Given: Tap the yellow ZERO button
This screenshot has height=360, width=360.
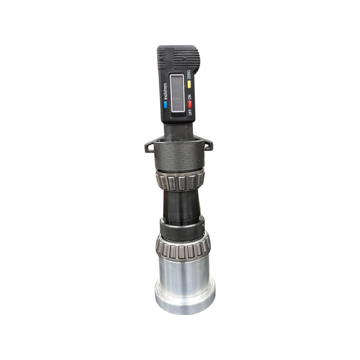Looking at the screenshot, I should (x=189, y=84).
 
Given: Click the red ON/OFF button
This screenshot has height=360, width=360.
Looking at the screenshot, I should (x=189, y=104).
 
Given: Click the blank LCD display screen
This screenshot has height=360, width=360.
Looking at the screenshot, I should (x=177, y=93).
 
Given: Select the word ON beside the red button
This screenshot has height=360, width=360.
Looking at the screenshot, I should (x=189, y=96).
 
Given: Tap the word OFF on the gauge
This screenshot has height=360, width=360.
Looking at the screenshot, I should (x=189, y=112).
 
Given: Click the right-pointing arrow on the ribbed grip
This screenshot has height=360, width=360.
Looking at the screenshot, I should (x=184, y=59).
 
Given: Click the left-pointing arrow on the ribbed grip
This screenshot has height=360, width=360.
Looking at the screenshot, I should (x=162, y=59).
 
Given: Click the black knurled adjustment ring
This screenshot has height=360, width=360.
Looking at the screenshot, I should (x=182, y=229).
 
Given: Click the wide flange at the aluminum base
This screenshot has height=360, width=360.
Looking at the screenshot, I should (x=185, y=298).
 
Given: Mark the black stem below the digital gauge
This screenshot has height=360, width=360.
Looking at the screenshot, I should (x=178, y=132).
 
